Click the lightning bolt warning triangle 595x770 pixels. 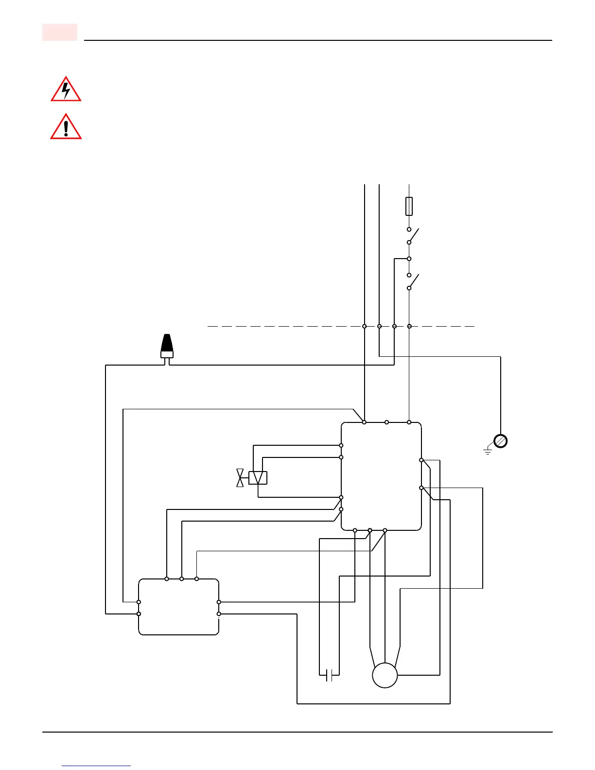point(66,90)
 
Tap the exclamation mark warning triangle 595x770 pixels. point(66,127)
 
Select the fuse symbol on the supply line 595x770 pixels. point(409,206)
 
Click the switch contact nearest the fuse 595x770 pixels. point(412,236)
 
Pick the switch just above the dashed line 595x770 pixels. point(412,281)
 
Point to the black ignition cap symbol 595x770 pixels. point(167,346)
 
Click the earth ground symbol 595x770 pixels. point(488,452)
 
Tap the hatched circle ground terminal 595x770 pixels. point(501,441)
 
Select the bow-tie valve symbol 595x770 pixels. point(240,478)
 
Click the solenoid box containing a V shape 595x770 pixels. point(258,478)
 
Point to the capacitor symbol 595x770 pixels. point(329,675)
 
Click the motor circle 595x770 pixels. point(385,675)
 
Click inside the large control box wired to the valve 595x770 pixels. point(381,476)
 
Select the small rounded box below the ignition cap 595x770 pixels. point(178,607)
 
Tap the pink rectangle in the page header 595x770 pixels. point(60,32)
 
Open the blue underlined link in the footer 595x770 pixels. point(96,766)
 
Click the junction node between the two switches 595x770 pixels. point(409,259)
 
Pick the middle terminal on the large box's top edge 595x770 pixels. point(387,422)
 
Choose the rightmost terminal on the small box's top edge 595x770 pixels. point(196,579)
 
